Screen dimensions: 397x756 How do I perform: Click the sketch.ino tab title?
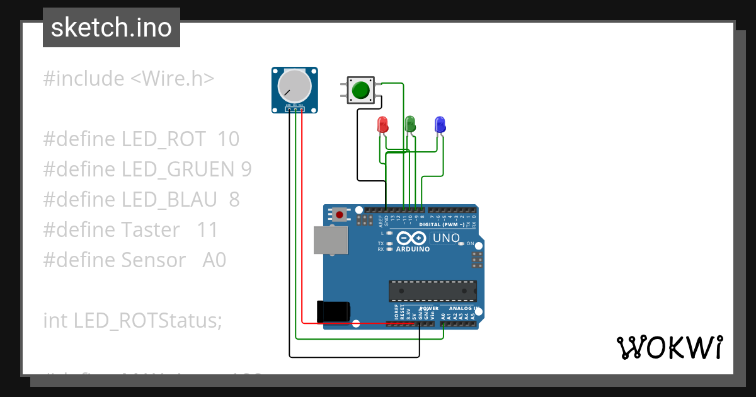(x=111, y=28)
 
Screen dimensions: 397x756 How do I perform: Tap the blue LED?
(x=440, y=124)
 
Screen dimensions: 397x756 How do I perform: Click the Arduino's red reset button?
(x=340, y=215)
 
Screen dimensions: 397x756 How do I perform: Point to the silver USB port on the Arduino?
(x=330, y=241)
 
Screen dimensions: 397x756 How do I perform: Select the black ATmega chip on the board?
(x=432, y=291)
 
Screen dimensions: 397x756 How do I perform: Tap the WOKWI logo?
(x=668, y=347)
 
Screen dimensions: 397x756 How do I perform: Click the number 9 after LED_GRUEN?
(x=246, y=170)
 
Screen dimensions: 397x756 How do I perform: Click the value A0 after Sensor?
(x=214, y=260)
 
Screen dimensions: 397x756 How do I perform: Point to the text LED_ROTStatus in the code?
(x=148, y=321)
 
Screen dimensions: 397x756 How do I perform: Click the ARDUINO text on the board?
(x=413, y=249)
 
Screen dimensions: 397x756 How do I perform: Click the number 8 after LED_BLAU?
(x=234, y=200)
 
